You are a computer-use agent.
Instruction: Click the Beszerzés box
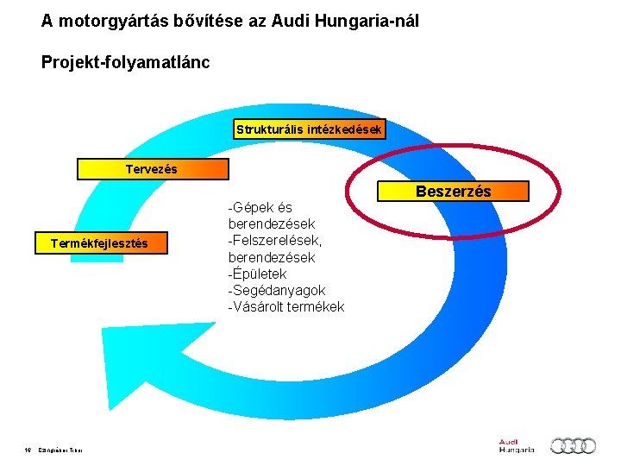(453, 191)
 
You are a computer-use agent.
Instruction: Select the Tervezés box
(153, 169)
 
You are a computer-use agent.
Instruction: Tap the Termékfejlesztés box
(100, 243)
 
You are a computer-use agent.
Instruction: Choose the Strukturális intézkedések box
(310, 129)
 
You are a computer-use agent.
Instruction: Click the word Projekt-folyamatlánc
(125, 63)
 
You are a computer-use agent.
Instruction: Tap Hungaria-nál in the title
(369, 21)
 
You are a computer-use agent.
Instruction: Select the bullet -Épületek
(257, 274)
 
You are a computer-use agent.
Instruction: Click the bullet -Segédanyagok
(276, 290)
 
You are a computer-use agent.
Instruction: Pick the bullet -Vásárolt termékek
(285, 306)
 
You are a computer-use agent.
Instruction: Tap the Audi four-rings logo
(574, 445)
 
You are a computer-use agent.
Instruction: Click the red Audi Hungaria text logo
(516, 445)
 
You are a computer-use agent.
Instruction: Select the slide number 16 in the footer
(28, 449)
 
